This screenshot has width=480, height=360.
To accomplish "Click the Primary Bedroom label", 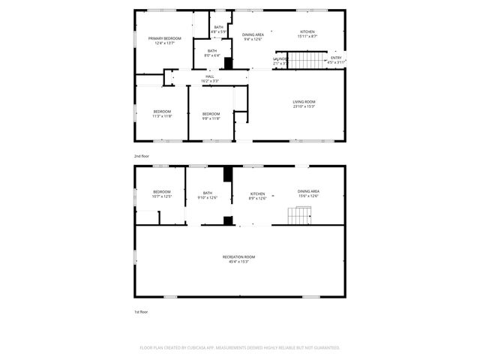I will [x=164, y=41].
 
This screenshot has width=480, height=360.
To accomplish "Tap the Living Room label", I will [x=304, y=104].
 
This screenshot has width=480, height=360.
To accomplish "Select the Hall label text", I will [x=211, y=78].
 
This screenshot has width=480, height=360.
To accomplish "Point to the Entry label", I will [x=336, y=60].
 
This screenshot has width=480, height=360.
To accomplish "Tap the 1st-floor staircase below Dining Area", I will [x=298, y=217].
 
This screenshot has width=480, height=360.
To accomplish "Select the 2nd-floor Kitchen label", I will [x=308, y=34].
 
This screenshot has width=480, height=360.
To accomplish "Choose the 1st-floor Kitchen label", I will [x=258, y=196].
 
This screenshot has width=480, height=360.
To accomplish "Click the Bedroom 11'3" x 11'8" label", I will [x=162, y=114].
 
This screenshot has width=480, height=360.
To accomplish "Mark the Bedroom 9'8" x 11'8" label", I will [x=211, y=115].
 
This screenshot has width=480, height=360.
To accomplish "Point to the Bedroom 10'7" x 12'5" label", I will [x=162, y=193].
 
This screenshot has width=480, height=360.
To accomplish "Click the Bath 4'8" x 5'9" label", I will [x=218, y=29].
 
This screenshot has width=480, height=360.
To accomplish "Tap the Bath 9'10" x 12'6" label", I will [x=207, y=195].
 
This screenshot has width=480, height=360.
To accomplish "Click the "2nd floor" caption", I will [x=142, y=155].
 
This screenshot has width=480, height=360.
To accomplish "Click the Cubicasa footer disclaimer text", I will [x=240, y=348].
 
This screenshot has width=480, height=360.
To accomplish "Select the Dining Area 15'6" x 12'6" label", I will [x=308, y=193].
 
